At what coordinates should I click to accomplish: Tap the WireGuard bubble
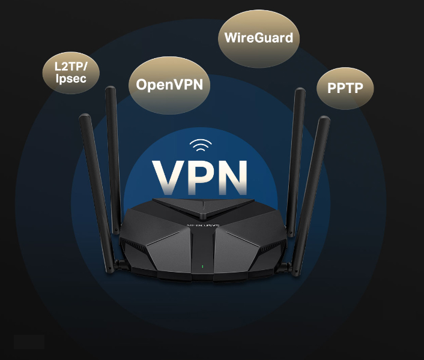coord(258,38)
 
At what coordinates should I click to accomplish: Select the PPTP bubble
coord(345,89)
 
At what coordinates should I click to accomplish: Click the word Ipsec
coord(70,79)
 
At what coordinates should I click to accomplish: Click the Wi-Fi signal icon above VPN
coord(200,146)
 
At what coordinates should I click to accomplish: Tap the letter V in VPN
coord(169,176)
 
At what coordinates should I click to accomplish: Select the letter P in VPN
coord(200,176)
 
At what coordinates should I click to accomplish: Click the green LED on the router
coord(202,266)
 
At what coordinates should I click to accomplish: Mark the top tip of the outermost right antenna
coord(326,119)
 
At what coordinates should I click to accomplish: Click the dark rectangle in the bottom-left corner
coord(29,342)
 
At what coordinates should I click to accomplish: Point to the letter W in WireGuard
coord(231,37)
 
